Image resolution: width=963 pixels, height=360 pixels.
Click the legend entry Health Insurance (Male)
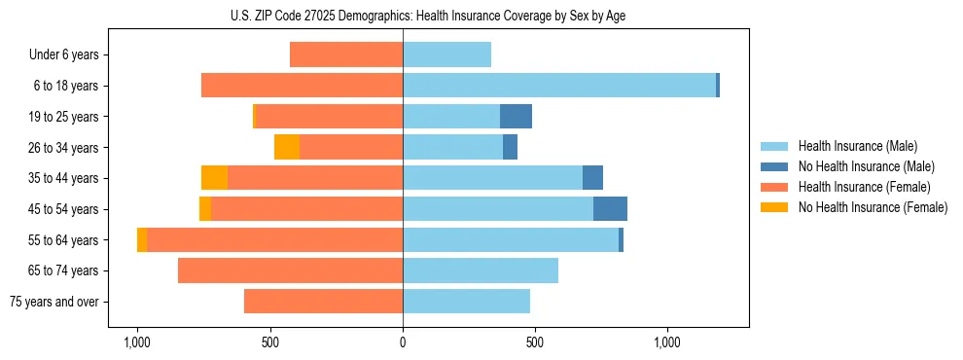pyautogui.click(x=857, y=146)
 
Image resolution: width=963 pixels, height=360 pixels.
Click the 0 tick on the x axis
pyautogui.click(x=403, y=343)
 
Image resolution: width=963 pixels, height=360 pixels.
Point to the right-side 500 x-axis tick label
pyautogui.click(x=534, y=343)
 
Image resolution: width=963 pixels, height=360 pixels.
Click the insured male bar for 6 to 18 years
pyautogui.click(x=559, y=86)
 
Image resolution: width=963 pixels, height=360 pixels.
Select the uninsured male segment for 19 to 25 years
pyautogui.click(x=516, y=117)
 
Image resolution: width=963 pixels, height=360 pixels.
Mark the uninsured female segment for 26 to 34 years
pyautogui.click(x=287, y=147)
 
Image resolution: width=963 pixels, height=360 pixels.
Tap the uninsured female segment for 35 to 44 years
pyautogui.click(x=214, y=178)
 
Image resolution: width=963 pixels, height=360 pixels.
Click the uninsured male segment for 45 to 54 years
pyautogui.click(x=610, y=209)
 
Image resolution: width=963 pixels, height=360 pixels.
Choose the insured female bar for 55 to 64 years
pyautogui.click(x=274, y=240)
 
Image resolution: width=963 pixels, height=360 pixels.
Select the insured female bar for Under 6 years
pyautogui.click(x=346, y=55)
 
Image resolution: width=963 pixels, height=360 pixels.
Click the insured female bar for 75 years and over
pyautogui.click(x=323, y=302)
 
